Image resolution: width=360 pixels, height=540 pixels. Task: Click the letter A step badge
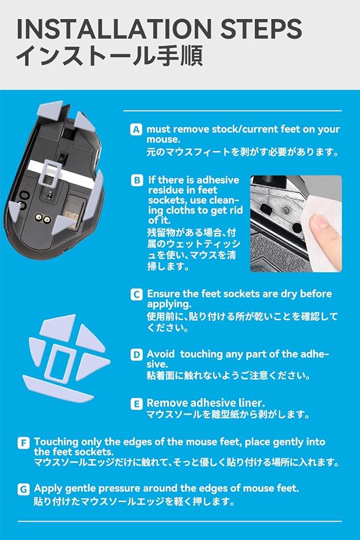tap(136, 130)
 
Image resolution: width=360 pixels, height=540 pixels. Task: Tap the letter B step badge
tap(137, 180)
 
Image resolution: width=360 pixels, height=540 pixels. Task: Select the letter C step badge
tap(136, 294)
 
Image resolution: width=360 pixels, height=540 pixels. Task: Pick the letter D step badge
tap(136, 354)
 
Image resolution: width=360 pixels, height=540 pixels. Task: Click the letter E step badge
tap(136, 404)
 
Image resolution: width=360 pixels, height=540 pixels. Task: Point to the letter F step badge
tap(23, 442)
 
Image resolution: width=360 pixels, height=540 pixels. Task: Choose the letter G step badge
tap(23, 489)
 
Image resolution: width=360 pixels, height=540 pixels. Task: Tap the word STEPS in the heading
tap(261, 29)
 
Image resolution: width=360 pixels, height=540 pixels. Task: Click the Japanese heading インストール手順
tap(109, 55)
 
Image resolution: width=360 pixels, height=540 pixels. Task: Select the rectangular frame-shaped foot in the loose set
tap(60, 364)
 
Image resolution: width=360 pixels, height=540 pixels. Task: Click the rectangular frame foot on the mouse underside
tap(50, 173)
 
